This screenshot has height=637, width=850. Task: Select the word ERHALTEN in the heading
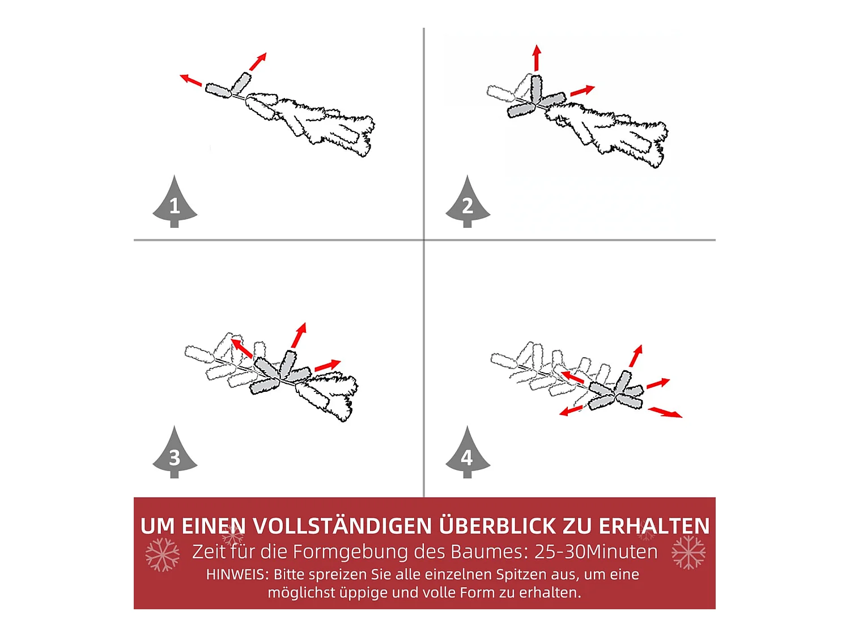pos(654,525)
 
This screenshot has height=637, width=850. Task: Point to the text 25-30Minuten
pos(596,552)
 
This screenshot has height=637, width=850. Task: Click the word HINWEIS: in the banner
pos(237,574)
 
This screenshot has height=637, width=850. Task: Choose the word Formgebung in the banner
pos(351,553)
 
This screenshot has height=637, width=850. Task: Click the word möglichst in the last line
pos(301,593)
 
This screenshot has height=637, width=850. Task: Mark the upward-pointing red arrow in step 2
pos(536,58)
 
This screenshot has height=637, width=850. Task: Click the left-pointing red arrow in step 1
pos(191,80)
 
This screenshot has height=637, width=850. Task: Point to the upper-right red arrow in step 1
pos(258,62)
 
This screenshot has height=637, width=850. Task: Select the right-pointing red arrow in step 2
pos(583,91)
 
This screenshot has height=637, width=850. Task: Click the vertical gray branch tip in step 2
pos(536,88)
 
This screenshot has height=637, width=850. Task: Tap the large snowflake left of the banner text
pos(163,555)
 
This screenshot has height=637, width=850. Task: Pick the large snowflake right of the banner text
pos(688,553)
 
